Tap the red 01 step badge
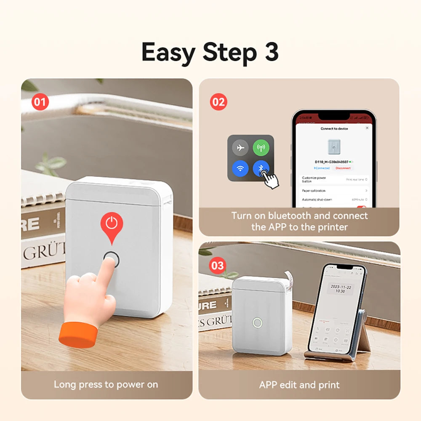click(x=40, y=101)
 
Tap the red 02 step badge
click(x=218, y=101)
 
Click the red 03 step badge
click(x=218, y=265)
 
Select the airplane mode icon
click(x=240, y=148)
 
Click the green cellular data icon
click(x=261, y=148)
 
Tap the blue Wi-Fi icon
click(x=240, y=169)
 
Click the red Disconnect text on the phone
click(x=343, y=168)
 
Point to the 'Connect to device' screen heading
click(x=334, y=128)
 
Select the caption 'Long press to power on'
click(x=106, y=384)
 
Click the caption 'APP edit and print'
click(x=299, y=384)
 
